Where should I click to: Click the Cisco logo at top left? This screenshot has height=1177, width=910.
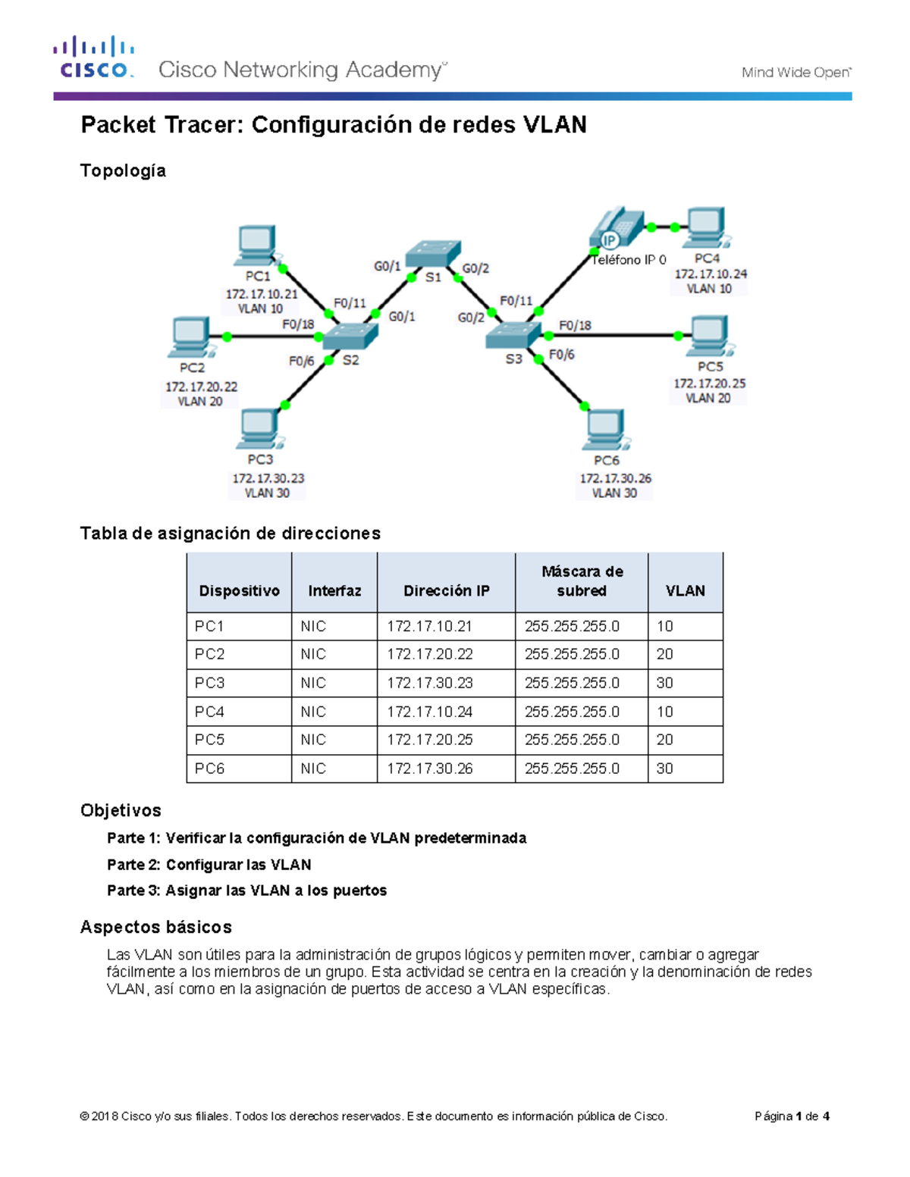tap(94, 57)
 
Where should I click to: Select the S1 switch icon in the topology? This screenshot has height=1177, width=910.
tap(433, 253)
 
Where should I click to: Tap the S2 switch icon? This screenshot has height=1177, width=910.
tap(350, 337)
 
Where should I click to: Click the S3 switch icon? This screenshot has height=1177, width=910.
tap(513, 334)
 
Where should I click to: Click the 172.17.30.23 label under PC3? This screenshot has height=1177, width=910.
tap(268, 478)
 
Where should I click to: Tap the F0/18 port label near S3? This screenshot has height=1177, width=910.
tap(575, 325)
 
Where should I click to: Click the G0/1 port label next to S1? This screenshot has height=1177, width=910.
tap(387, 266)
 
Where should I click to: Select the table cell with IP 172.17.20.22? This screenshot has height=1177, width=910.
tap(430, 654)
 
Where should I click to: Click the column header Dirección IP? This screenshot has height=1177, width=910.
tap(446, 591)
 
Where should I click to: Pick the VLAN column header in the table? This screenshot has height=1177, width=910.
tap(685, 591)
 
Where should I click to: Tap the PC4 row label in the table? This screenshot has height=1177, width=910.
tap(209, 712)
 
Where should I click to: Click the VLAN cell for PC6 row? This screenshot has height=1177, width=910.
tap(665, 768)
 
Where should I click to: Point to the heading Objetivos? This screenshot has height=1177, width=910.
tap(121, 810)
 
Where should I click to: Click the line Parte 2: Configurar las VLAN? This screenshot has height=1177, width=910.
tap(209, 865)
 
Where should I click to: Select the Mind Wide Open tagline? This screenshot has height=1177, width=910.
tap(796, 73)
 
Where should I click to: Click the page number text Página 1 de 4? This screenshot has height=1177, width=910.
tap(792, 1116)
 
